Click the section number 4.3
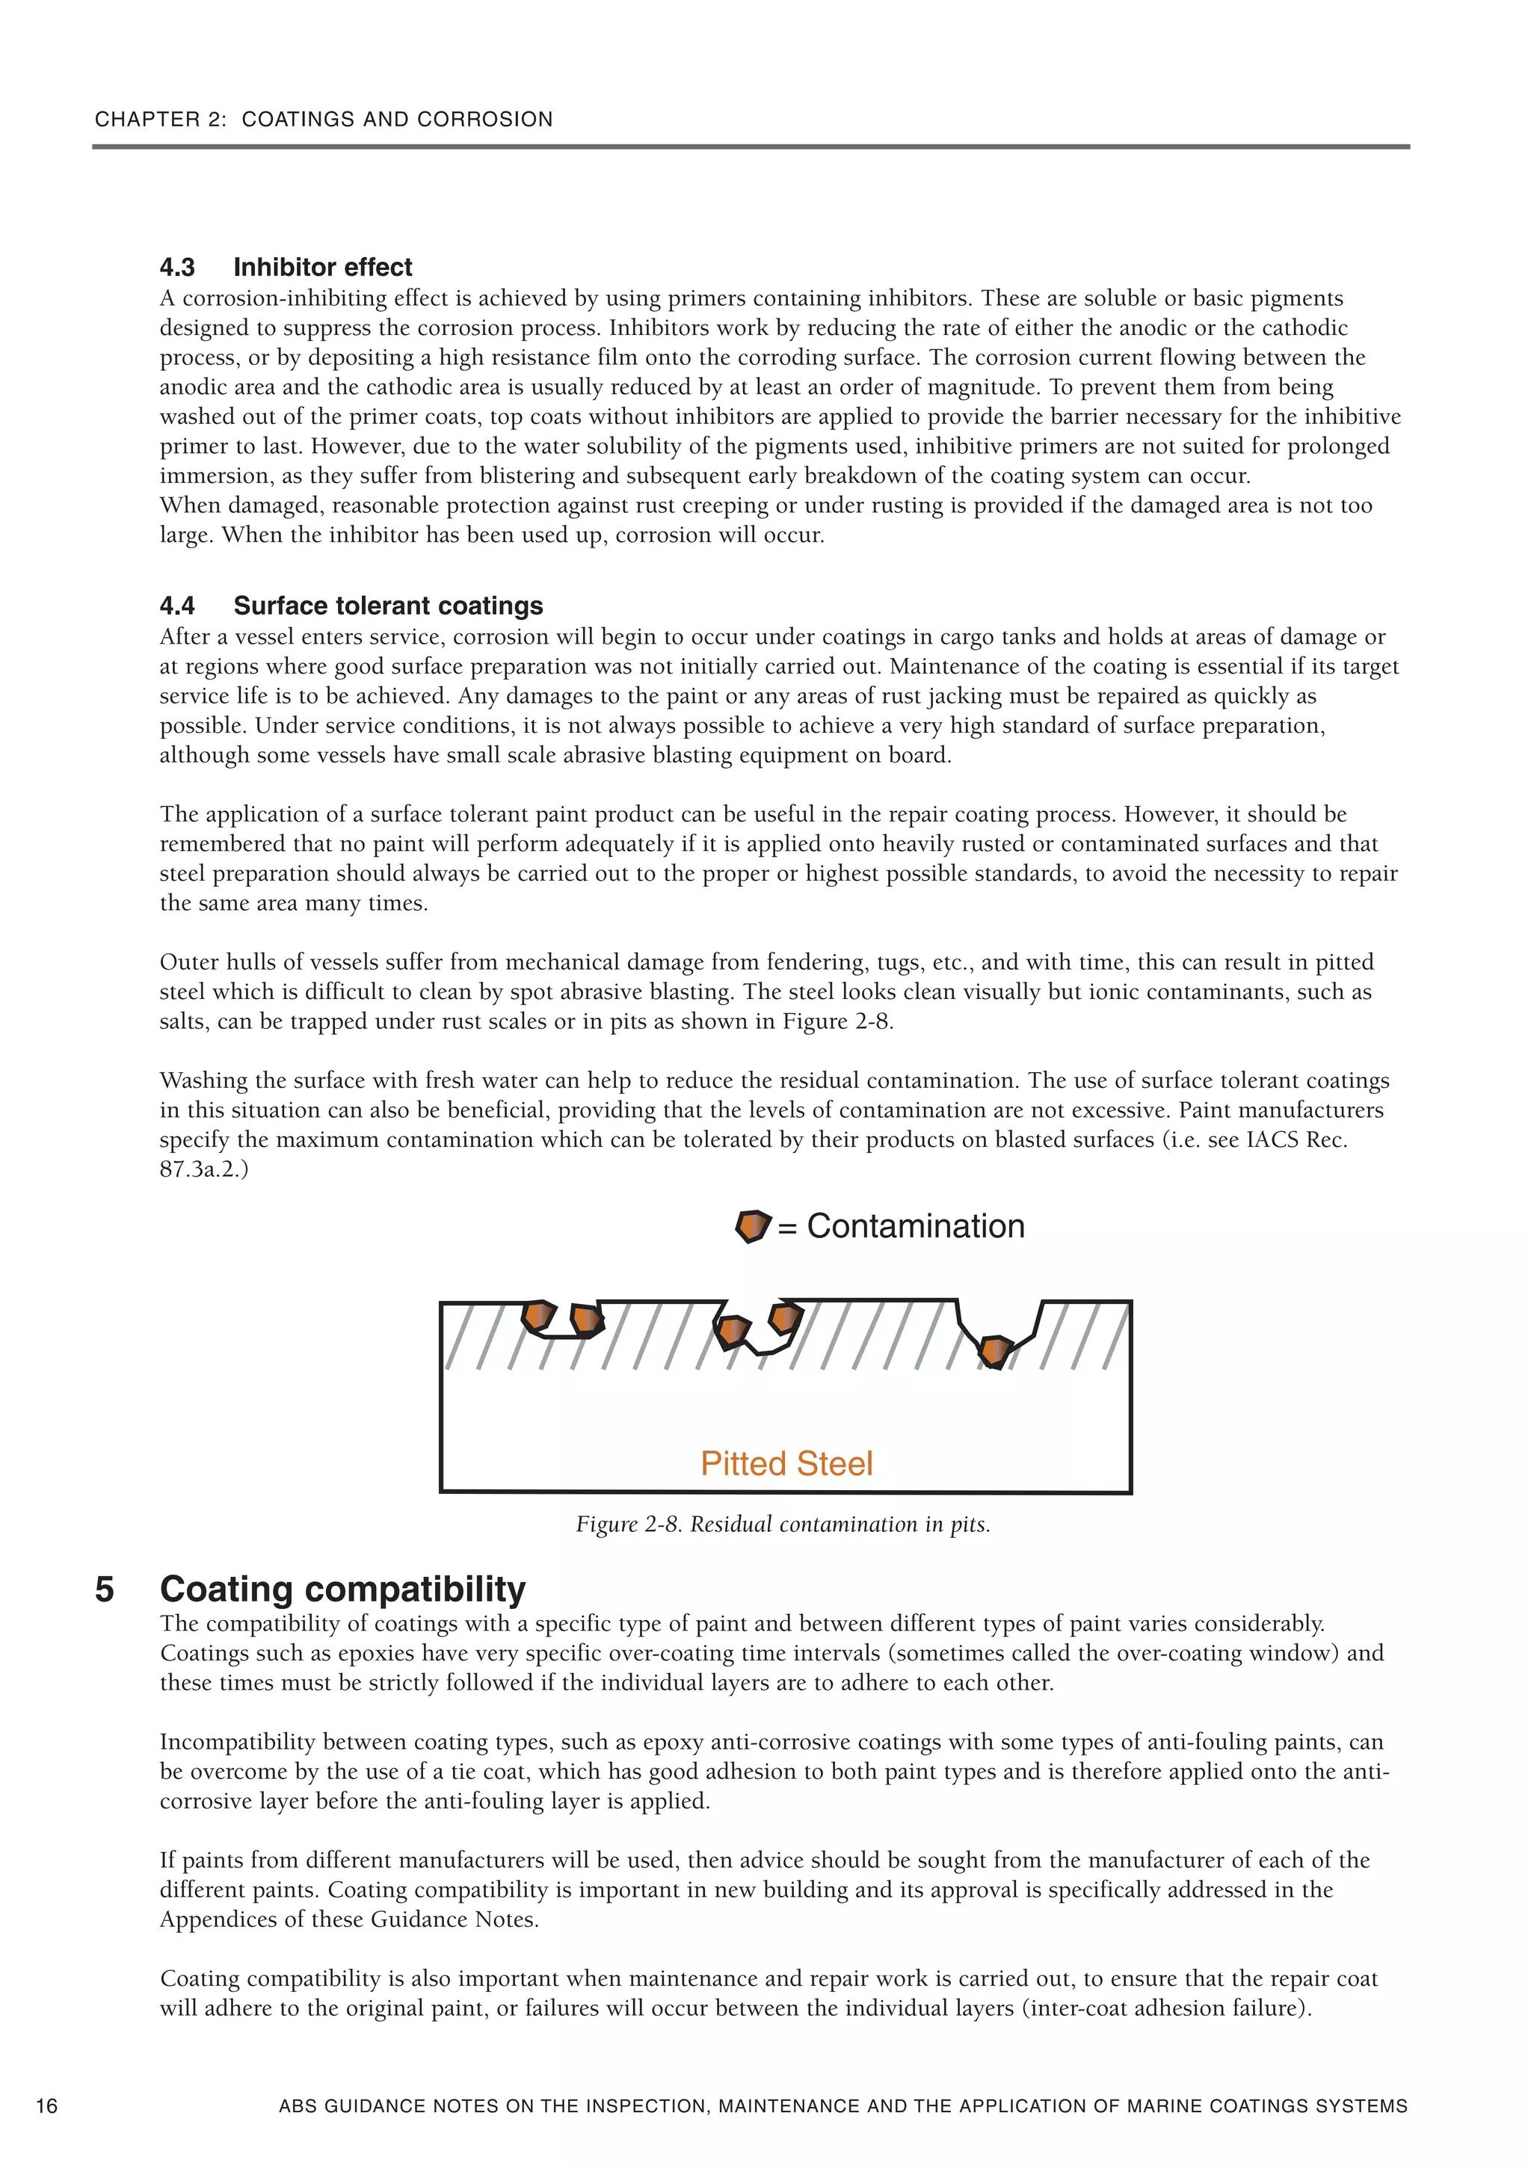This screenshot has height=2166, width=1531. [177, 267]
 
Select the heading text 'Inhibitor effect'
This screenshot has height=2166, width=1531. [323, 267]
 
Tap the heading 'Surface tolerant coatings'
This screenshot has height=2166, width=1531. [388, 606]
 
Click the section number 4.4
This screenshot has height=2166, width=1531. [177, 606]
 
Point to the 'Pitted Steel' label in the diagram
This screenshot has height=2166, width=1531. [786, 1463]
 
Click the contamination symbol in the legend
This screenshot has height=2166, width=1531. [752, 1226]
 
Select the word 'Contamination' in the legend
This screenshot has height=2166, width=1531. [915, 1226]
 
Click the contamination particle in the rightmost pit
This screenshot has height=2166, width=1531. [994, 1351]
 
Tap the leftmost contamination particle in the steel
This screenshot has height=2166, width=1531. [539, 1315]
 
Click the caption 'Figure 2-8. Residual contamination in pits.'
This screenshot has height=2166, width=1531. [783, 1524]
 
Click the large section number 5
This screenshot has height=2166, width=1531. [104, 1590]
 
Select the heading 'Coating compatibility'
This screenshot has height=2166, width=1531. [342, 1590]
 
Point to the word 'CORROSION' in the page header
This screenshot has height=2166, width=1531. [485, 120]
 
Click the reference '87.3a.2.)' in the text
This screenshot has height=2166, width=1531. [204, 1170]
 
